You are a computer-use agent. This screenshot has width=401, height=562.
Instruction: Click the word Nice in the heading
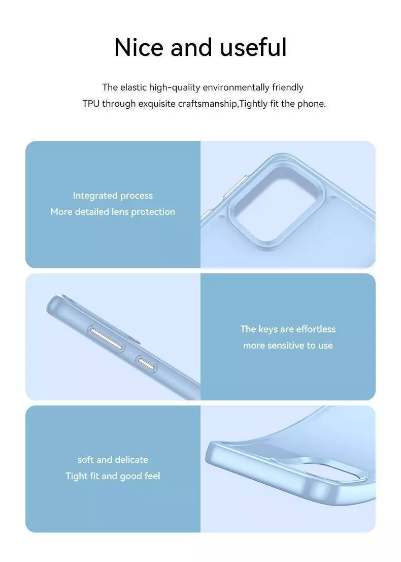[x=139, y=47]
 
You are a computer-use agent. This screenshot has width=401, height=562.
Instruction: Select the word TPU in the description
[x=91, y=104]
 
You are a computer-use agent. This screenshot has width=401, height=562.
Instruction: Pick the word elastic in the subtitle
[x=133, y=87]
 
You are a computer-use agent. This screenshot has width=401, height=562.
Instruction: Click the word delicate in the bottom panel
[x=132, y=459]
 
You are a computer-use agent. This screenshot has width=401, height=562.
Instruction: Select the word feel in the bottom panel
[x=152, y=476]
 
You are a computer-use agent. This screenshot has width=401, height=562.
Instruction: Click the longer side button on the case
[x=106, y=338]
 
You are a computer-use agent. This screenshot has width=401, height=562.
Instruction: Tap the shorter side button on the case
[x=146, y=364]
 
